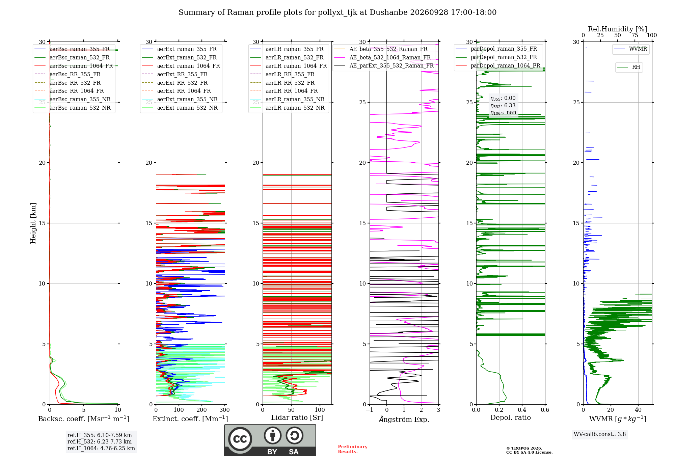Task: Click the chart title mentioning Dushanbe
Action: [337, 12]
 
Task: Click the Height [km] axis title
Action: [33, 223]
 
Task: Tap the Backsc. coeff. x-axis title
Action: [84, 419]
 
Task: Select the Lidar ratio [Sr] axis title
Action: [297, 418]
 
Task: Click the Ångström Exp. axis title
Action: [404, 419]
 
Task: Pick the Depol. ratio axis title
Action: [511, 418]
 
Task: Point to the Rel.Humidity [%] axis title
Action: [618, 29]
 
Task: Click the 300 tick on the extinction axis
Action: [225, 410]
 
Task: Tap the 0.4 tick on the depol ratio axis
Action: [522, 410]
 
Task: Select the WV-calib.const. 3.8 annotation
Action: [600, 434]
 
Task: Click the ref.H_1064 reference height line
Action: [101, 449]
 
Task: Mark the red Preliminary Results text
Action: [353, 449]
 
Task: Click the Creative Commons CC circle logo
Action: [240, 439]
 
